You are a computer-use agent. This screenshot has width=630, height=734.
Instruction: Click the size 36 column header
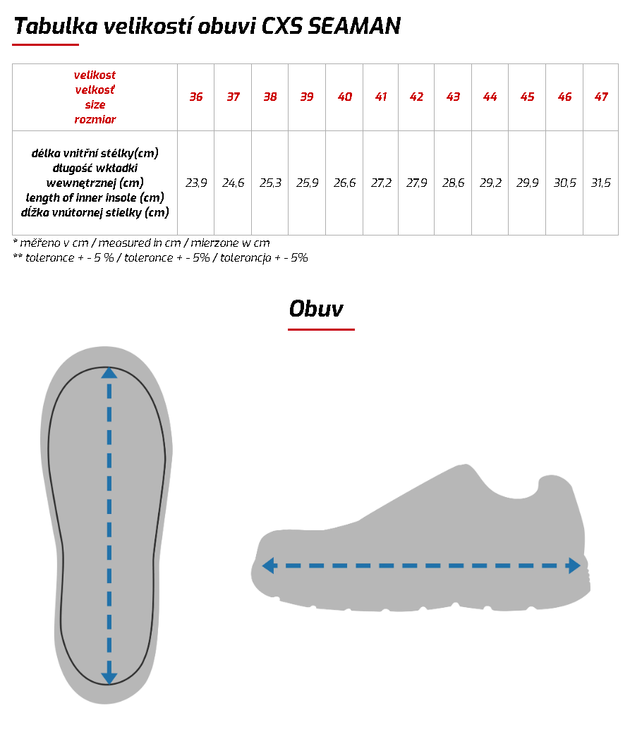point(195,97)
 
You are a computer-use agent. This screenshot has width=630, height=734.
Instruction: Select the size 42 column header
point(416,97)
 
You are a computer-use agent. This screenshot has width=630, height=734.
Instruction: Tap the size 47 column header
point(600,97)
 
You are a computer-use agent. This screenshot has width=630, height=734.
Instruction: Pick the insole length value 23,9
point(195,183)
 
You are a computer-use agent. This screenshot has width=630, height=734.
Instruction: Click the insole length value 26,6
point(344,183)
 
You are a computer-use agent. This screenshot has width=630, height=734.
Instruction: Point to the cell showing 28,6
point(453,183)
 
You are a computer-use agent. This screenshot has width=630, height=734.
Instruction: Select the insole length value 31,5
point(600,183)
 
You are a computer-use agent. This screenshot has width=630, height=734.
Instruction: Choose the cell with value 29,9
point(527,183)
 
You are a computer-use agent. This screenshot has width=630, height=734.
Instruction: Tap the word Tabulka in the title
point(54,27)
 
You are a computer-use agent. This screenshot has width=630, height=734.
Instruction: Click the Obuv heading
point(316,309)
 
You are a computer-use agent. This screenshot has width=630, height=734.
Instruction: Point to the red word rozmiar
point(95,120)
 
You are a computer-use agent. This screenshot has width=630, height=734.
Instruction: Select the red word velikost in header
point(95,75)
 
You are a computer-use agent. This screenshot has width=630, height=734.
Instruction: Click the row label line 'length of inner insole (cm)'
point(95,197)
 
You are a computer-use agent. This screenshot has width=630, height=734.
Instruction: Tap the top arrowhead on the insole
point(109,372)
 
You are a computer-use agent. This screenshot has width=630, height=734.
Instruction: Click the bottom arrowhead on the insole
point(109,678)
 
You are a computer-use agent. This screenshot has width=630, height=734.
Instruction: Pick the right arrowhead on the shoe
point(574,565)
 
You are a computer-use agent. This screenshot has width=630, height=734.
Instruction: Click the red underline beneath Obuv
point(321,329)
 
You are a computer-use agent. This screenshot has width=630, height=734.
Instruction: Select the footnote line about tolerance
point(161,258)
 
